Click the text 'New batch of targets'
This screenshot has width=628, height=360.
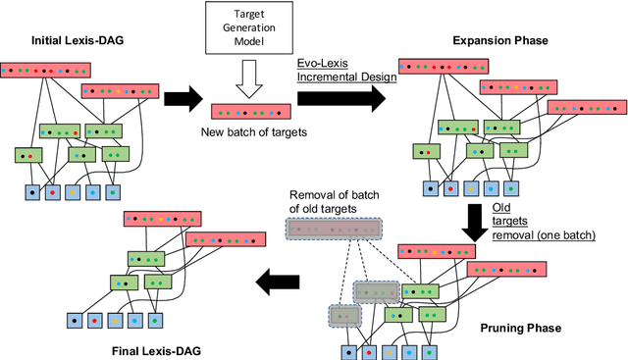point(248,131)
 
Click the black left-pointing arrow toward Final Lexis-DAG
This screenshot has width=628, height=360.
point(281,283)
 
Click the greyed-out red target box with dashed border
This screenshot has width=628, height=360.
point(331,230)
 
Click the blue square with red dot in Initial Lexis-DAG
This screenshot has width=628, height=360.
point(53,192)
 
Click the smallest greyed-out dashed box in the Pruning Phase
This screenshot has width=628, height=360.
point(344,316)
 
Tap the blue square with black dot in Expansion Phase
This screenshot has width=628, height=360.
point(429,188)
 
